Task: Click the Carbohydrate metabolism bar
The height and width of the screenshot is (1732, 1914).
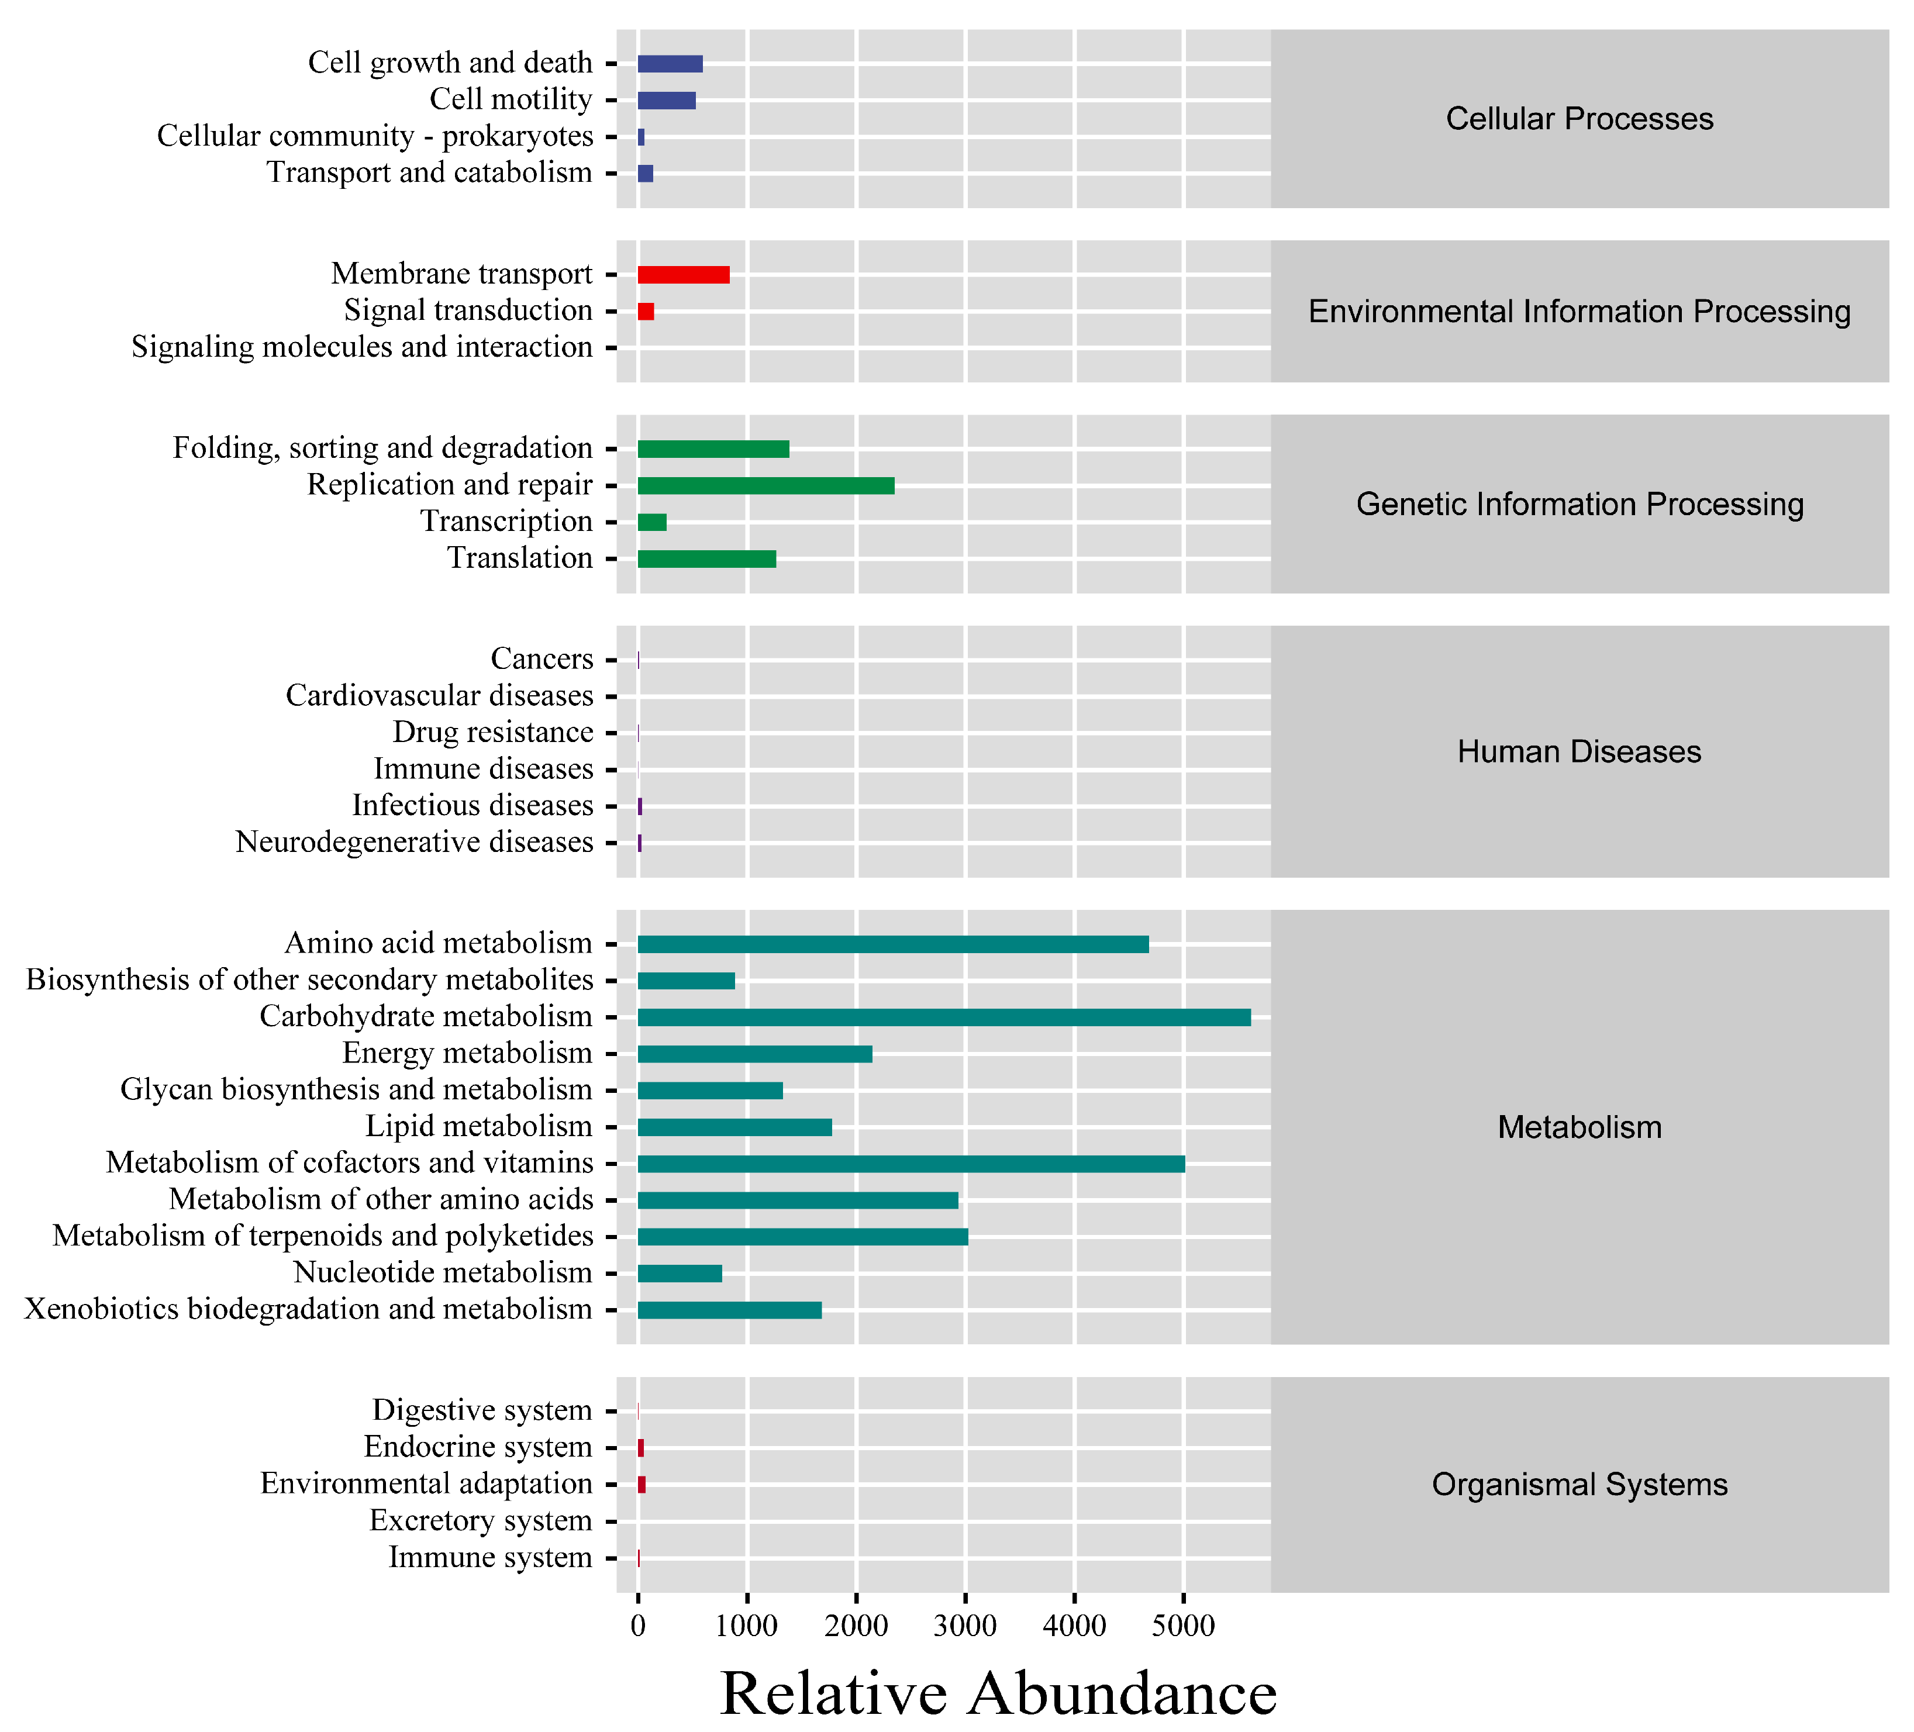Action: coord(944,1017)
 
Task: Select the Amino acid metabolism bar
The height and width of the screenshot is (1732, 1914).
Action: coord(892,944)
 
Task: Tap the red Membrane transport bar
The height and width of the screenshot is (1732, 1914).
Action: coord(684,274)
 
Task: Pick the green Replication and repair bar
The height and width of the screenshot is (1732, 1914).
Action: coord(765,485)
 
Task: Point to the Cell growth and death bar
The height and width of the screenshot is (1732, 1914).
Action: coord(670,64)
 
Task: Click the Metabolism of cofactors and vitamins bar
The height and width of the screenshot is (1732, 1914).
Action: coord(912,1163)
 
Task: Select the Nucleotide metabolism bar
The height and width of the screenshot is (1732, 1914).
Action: coord(680,1274)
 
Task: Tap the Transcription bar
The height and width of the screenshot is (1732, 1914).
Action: coord(652,522)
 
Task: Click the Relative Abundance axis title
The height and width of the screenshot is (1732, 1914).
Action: coord(999,1693)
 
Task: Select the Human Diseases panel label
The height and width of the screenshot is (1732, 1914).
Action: coord(1579,751)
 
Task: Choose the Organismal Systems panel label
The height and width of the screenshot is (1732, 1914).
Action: coord(1579,1484)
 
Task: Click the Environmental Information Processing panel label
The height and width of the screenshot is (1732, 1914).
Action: coord(1579,312)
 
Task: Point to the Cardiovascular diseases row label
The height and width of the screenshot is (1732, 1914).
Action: coord(440,696)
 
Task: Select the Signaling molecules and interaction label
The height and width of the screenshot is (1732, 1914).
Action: coord(362,347)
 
